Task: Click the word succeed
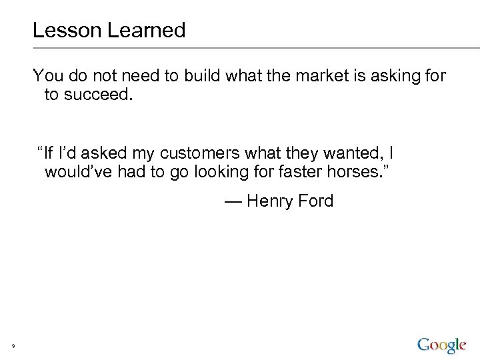point(97,95)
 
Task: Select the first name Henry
point(270,201)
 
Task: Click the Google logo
point(441,345)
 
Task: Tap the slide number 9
point(13,345)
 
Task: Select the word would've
point(79,173)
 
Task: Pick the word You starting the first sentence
point(47,76)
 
